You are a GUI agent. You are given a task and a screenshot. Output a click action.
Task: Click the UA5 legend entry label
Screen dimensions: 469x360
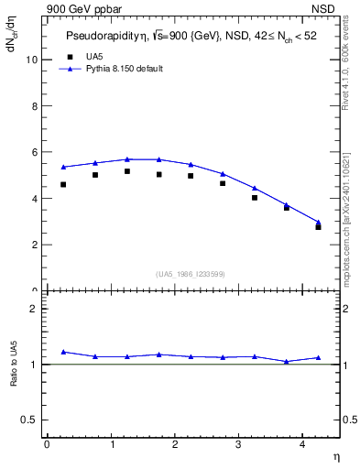coord(94,57)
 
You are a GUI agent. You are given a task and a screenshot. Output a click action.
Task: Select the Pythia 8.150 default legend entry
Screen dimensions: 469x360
coord(124,69)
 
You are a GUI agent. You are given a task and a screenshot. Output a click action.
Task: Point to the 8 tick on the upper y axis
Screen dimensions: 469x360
coord(34,106)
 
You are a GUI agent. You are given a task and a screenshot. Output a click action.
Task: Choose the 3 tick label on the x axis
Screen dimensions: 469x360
coord(238,444)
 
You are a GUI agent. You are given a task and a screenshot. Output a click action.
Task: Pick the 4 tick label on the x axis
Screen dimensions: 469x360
coord(302,444)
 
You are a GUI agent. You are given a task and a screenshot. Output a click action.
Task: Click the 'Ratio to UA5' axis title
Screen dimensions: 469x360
coord(14,377)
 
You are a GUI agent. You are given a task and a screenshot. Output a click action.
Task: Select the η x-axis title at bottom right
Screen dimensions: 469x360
coord(335,456)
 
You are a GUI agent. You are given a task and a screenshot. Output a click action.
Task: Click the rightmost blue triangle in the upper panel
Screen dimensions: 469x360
coord(319,222)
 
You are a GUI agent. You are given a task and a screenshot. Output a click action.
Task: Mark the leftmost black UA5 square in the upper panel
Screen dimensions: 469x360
coord(63,184)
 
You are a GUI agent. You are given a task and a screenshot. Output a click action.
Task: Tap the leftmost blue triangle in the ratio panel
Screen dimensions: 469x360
coord(63,352)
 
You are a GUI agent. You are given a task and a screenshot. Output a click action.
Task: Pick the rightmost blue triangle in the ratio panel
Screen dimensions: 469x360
coord(319,357)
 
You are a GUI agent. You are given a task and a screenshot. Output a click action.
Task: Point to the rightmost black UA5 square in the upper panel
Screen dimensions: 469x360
coord(319,226)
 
